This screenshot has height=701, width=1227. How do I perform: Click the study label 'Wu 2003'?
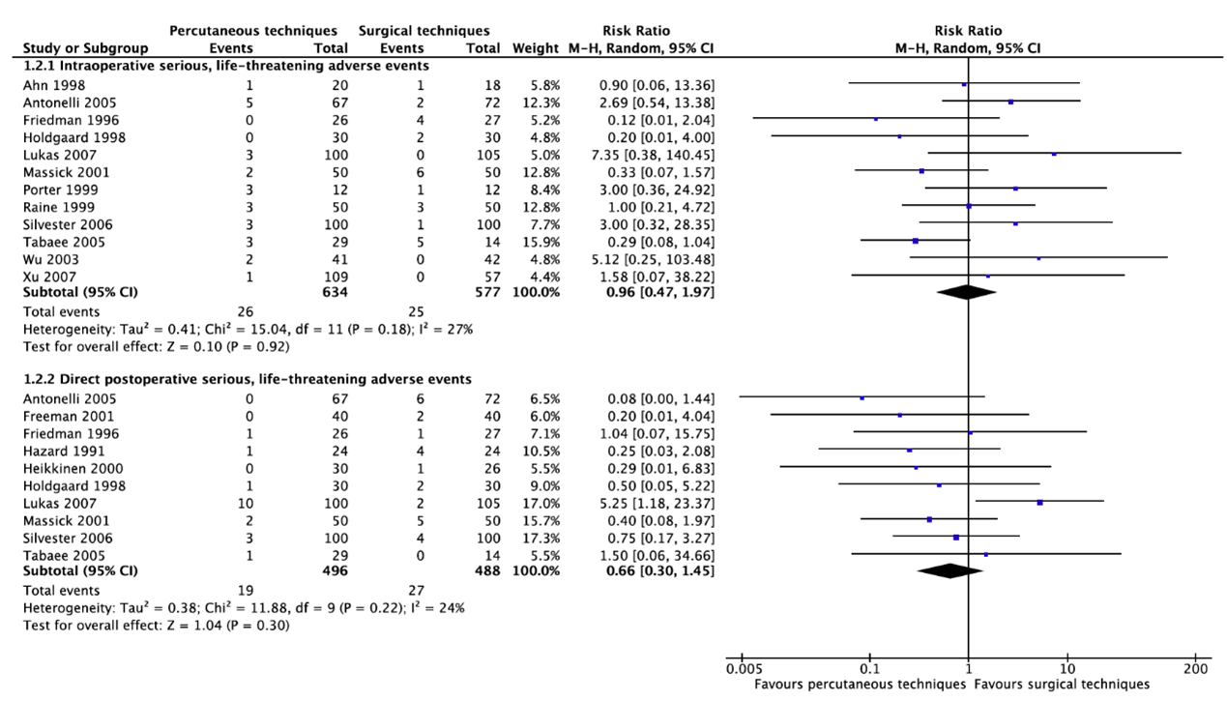tap(46, 258)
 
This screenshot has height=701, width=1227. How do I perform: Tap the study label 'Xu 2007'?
tap(46, 276)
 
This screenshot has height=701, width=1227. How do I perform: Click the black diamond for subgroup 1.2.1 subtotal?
tap(966, 293)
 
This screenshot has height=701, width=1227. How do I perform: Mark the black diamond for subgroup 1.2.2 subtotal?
tap(949, 570)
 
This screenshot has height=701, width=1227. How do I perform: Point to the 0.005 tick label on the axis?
tap(741, 669)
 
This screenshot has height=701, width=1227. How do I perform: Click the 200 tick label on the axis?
tap(1196, 669)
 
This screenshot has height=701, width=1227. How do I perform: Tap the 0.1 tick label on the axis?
tap(868, 669)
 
